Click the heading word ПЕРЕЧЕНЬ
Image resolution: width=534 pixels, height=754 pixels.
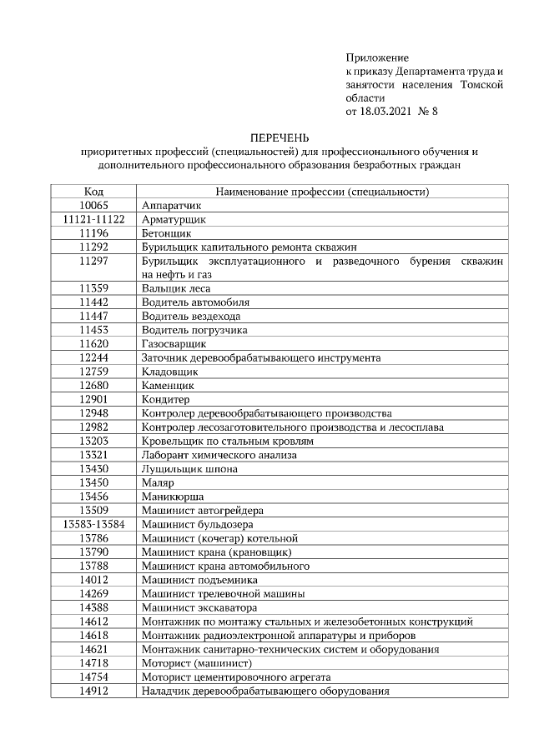(280, 137)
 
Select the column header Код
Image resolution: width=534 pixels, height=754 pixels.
(94, 192)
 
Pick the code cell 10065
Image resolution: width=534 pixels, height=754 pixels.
(94, 205)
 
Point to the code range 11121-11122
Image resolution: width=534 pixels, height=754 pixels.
(94, 219)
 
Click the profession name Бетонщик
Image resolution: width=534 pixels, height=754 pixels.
(167, 233)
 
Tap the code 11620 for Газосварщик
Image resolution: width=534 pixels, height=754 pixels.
(94, 343)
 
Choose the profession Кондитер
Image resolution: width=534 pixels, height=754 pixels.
(166, 399)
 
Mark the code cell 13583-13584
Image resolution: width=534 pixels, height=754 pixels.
(94, 524)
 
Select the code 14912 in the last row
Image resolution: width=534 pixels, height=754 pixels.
(94, 691)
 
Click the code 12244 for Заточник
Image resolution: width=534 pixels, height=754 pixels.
(94, 357)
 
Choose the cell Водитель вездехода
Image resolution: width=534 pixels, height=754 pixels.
(191, 316)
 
